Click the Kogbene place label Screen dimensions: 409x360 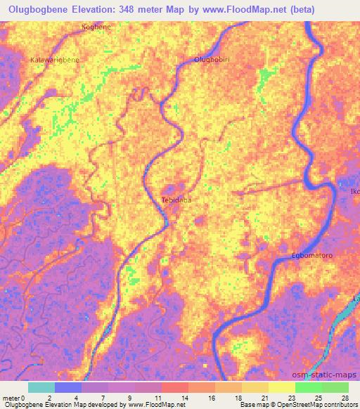(x=97, y=27)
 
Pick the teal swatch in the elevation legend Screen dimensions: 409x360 (x=41, y=387)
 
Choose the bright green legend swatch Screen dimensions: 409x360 (x=308, y=387)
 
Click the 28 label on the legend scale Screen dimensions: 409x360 (x=345, y=398)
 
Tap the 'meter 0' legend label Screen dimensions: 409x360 (x=15, y=398)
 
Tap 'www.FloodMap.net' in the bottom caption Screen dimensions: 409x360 (x=148, y=405)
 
